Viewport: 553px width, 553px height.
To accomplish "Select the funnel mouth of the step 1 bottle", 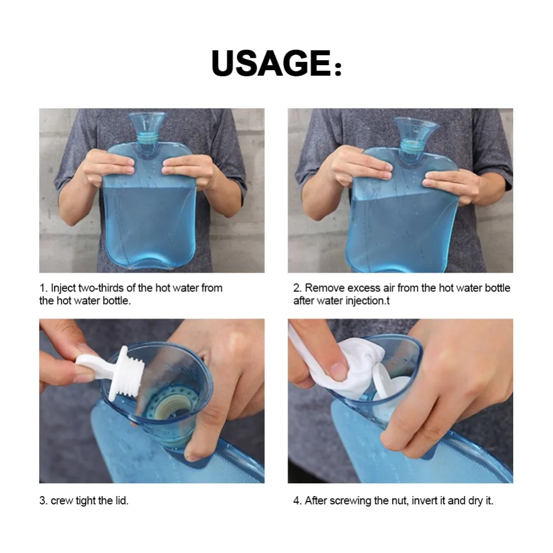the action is [x=147, y=122].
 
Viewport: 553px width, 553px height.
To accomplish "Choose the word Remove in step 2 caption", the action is [x=325, y=288].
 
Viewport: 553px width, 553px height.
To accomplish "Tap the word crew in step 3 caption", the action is [x=62, y=501].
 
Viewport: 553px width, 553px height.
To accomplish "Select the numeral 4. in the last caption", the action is [x=298, y=501].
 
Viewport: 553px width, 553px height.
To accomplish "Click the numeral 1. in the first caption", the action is [x=43, y=288].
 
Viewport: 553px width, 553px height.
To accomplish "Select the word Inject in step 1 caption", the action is [x=64, y=289].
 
